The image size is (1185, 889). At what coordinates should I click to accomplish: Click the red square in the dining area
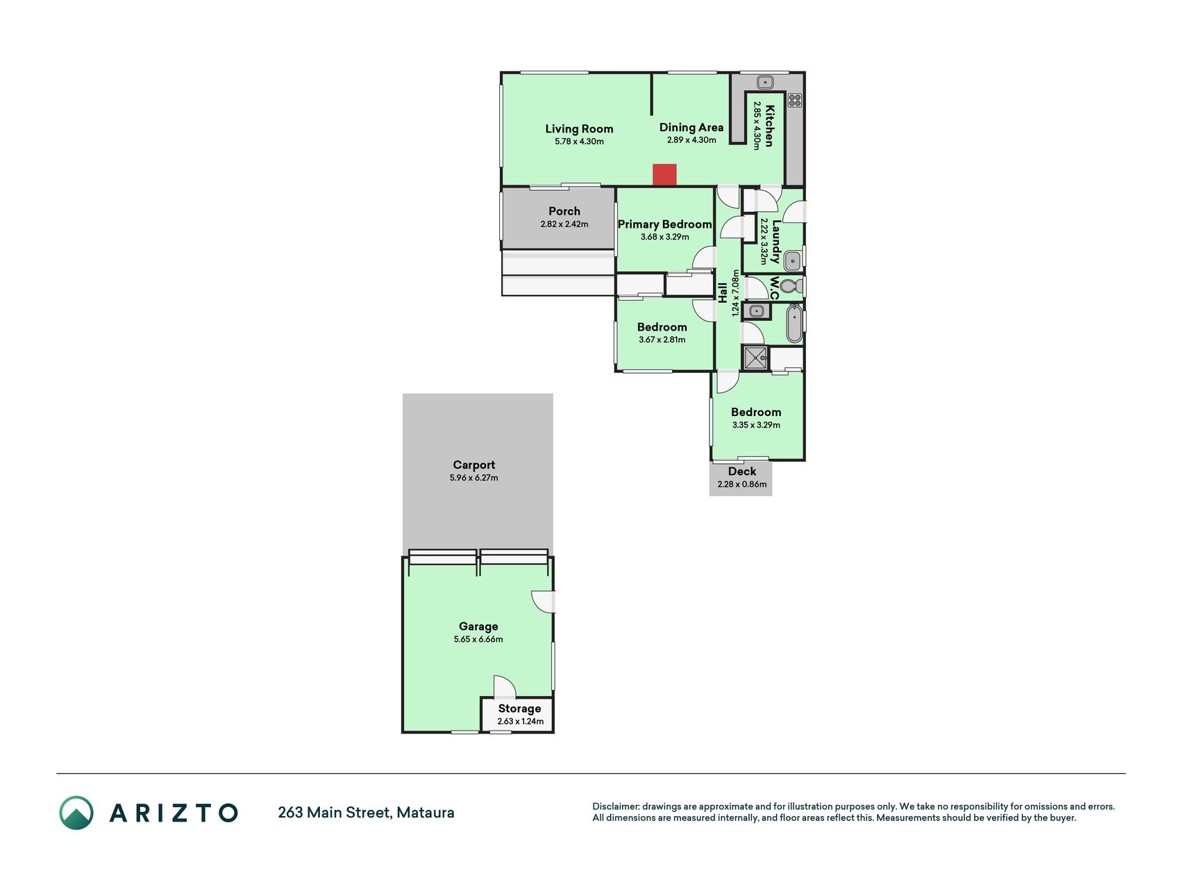tap(664, 175)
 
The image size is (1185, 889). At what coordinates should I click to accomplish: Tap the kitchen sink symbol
tap(764, 82)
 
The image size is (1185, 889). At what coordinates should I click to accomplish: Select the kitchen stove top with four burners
tap(794, 100)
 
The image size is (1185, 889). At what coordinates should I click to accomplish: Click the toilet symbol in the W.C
tap(791, 286)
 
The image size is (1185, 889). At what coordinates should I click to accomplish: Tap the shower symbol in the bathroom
tap(755, 358)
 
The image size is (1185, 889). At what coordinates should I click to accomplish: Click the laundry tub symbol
tap(792, 262)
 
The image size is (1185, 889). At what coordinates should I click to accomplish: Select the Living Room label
tap(579, 128)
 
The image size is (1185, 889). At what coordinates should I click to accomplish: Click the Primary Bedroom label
tap(665, 224)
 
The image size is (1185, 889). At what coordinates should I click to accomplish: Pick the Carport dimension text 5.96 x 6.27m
tap(474, 478)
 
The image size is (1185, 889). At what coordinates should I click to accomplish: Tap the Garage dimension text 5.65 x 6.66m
tap(478, 639)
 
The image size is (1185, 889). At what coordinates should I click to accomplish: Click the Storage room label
tap(519, 708)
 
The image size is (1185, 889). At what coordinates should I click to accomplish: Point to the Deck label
tap(742, 472)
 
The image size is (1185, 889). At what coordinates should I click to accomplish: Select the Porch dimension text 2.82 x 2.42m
tap(564, 224)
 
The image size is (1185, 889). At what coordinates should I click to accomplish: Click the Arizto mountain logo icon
tap(76, 813)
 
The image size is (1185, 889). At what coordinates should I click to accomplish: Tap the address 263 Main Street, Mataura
tap(366, 813)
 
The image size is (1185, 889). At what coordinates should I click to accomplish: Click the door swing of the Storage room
tap(505, 687)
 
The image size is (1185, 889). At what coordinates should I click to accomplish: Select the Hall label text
tap(723, 292)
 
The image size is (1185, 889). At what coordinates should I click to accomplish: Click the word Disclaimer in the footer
tap(615, 806)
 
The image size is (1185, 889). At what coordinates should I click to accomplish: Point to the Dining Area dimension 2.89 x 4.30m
tap(691, 140)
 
